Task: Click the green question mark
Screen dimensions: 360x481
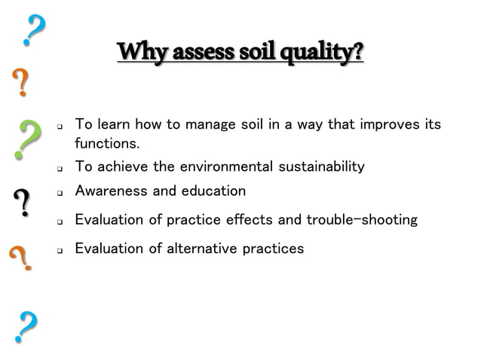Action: pyautogui.click(x=27, y=139)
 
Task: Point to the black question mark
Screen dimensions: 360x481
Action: pyautogui.click(x=23, y=203)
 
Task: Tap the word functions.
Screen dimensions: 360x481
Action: pyautogui.click(x=107, y=143)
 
